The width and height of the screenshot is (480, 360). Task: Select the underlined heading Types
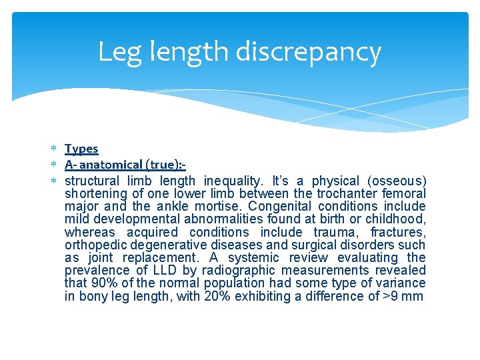click(x=81, y=149)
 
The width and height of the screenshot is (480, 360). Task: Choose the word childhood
click(x=397, y=219)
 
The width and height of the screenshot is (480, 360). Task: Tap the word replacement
click(x=179, y=257)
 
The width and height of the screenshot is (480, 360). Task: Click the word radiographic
click(x=240, y=270)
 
